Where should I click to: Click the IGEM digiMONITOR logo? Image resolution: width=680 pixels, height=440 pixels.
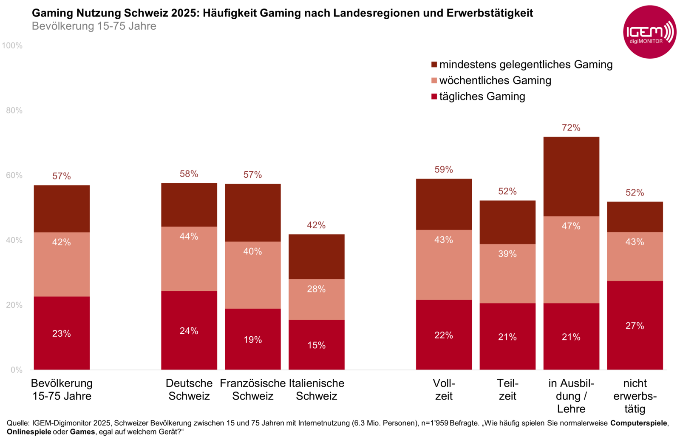point(649,32)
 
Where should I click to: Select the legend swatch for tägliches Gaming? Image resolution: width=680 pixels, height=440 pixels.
point(434,97)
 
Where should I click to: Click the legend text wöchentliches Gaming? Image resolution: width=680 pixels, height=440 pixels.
point(495,80)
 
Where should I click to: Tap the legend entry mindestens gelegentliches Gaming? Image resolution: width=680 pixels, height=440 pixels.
point(526,65)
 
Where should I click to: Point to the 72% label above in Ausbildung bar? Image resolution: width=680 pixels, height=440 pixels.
point(571,128)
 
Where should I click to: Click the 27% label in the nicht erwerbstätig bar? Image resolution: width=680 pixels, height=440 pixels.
point(635,326)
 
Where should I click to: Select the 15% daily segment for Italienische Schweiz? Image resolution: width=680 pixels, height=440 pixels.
point(316,345)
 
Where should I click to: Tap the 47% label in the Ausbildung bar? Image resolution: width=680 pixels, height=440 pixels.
point(571,226)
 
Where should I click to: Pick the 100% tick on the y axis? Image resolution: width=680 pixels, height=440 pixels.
point(12,45)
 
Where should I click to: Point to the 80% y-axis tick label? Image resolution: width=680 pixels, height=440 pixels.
point(14,111)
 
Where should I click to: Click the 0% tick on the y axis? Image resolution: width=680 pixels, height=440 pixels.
point(16,370)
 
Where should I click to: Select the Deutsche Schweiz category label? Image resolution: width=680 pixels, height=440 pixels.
point(189,389)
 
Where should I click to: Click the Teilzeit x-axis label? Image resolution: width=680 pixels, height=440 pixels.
point(507,389)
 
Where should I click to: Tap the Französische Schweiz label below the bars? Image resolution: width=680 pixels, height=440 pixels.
point(252,389)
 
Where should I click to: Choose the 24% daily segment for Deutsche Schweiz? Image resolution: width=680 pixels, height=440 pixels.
point(189,331)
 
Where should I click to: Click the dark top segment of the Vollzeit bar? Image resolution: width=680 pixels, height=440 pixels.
point(444,204)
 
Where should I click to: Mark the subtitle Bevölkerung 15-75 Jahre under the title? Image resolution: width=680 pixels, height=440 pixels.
point(94,26)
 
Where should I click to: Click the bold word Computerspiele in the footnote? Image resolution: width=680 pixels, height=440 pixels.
point(639,423)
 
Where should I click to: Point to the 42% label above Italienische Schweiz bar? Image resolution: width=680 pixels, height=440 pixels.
point(316,225)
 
